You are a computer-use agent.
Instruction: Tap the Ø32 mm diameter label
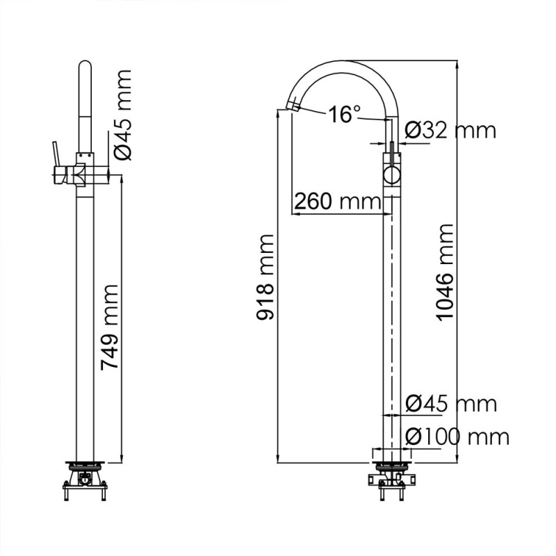click(x=450, y=130)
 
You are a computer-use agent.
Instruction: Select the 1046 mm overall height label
click(x=445, y=272)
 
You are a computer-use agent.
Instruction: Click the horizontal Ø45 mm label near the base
click(x=450, y=404)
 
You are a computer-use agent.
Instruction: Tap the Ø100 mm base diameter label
click(x=457, y=436)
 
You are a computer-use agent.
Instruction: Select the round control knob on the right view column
click(x=391, y=173)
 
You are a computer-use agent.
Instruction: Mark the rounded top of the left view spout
click(x=84, y=68)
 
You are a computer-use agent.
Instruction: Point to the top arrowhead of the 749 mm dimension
click(x=121, y=179)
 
